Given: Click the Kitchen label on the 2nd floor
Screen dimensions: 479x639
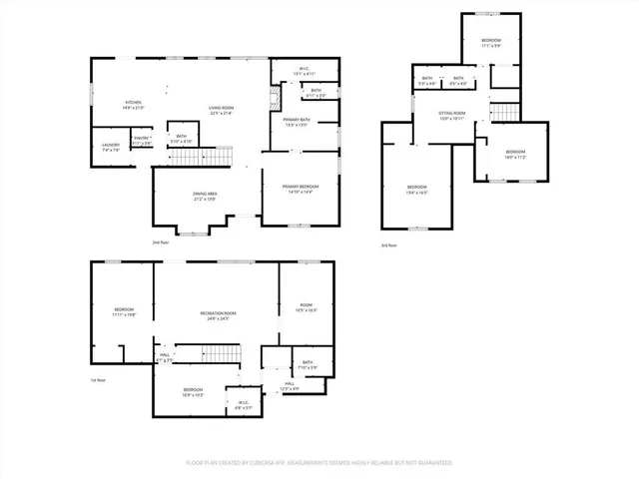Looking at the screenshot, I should click(133, 106).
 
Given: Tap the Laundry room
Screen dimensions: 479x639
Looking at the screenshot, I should click(110, 147).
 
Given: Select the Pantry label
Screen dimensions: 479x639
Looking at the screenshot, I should click(142, 141).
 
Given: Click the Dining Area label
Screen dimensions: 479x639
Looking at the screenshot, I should click(205, 196).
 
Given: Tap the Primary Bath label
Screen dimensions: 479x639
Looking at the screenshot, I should click(297, 123).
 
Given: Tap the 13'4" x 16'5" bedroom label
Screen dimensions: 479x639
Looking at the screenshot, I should click(416, 190).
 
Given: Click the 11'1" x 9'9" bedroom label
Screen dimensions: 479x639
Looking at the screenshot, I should click(491, 43).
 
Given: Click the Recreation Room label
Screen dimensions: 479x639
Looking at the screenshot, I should click(215, 316).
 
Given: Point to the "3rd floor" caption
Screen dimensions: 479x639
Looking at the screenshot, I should click(388, 245).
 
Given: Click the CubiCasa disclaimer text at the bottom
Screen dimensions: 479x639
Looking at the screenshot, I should click(319, 463).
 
